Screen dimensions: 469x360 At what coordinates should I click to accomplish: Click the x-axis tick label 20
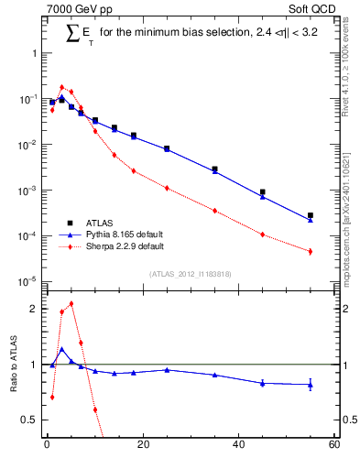pos(142,445)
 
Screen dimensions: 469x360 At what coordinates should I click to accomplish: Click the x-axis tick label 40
pos(238,445)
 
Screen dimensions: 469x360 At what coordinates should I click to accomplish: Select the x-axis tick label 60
pos(333,445)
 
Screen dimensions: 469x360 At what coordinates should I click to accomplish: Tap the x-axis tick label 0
pos(47,445)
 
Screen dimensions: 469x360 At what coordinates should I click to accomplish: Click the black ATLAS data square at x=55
pos(311,215)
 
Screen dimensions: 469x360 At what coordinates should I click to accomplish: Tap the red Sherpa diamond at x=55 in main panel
pos(311,251)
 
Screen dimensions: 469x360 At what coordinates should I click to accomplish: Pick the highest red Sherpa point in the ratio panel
pos(71,303)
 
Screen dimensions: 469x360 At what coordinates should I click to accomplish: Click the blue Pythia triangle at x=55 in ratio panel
pos(311,385)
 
